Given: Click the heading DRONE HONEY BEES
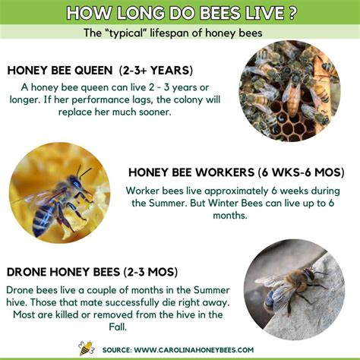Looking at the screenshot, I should tap(63, 270).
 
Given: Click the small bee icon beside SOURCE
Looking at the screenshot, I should tap(86, 348).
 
